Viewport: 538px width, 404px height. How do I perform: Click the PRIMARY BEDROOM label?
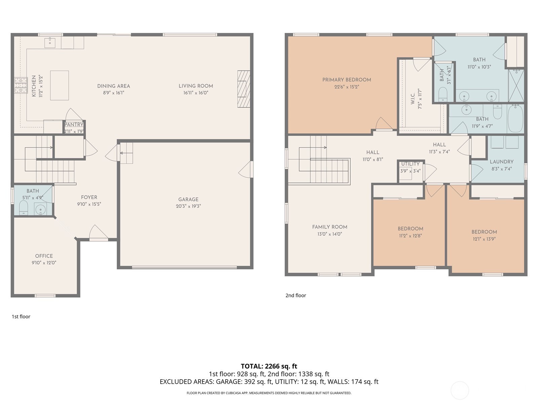[x=346, y=80]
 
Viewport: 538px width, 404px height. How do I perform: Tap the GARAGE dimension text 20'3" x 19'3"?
[x=188, y=206]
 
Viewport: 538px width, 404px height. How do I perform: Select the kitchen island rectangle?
[x=60, y=85]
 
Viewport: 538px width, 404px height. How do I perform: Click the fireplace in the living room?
[x=243, y=89]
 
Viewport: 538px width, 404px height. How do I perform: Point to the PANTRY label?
[x=74, y=125]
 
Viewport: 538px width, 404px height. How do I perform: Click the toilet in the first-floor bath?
[x=23, y=208]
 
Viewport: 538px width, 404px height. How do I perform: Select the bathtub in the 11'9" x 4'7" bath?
[x=515, y=119]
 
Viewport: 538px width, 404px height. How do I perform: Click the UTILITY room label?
[x=410, y=164]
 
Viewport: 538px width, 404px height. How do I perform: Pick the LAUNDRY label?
[x=501, y=162]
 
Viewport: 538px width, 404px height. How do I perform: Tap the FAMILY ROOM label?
[x=330, y=227]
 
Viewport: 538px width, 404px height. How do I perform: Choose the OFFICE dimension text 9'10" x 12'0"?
[x=44, y=263]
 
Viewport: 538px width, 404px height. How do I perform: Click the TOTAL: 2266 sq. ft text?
[x=269, y=366]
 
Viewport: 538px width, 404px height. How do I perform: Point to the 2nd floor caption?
[x=296, y=295]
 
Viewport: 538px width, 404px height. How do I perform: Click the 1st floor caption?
[x=21, y=316]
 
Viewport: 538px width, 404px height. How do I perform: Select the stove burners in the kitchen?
[x=21, y=85]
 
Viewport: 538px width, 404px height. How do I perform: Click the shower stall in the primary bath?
[x=516, y=85]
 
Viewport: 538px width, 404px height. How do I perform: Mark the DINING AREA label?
[x=114, y=86]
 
